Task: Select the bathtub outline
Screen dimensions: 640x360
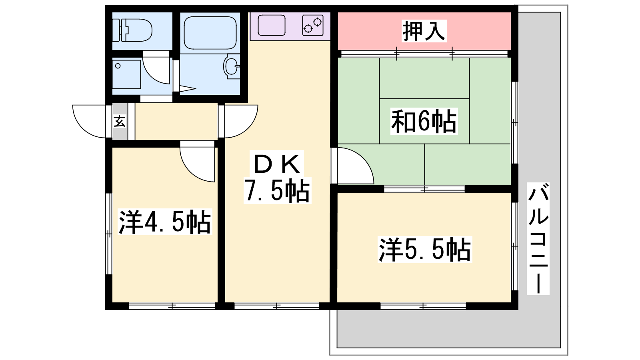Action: (210, 32)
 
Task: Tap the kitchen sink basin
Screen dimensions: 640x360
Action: (272, 25)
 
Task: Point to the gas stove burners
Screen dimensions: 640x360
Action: (313, 25)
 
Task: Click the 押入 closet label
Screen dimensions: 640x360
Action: (424, 31)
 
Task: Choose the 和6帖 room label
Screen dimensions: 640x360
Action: (424, 121)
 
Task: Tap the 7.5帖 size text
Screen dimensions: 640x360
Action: (277, 190)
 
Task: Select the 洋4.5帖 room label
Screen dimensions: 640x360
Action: (165, 222)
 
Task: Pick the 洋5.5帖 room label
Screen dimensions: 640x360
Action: (425, 250)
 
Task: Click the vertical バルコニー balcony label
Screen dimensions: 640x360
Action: (538, 239)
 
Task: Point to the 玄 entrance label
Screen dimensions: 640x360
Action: (120, 121)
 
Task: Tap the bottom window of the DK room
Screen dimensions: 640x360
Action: (277, 306)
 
